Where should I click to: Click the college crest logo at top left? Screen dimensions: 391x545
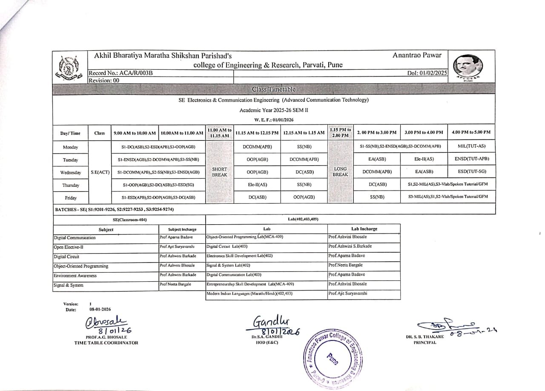(x=69, y=69)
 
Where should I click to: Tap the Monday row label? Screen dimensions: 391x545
(x=70, y=147)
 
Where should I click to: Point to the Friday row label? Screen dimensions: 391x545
(x=70, y=198)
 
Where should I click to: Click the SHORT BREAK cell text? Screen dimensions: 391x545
(x=219, y=172)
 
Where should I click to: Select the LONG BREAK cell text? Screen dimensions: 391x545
(x=341, y=172)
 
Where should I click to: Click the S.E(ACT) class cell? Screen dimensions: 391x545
(x=100, y=172)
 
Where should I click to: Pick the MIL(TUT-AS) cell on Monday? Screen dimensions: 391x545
(x=471, y=146)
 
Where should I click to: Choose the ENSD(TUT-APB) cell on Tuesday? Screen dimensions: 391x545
(x=471, y=159)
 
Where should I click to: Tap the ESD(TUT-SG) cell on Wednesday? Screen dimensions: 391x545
(x=471, y=172)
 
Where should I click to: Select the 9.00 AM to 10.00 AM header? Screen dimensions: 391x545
(x=135, y=133)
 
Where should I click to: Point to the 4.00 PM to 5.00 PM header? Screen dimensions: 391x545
(x=471, y=132)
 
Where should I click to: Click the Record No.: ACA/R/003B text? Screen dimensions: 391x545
(x=120, y=73)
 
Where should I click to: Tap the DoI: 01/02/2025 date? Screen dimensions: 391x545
(x=427, y=73)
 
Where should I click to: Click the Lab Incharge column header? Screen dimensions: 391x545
(x=364, y=229)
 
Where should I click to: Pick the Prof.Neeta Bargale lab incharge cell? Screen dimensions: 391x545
(x=345, y=265)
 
